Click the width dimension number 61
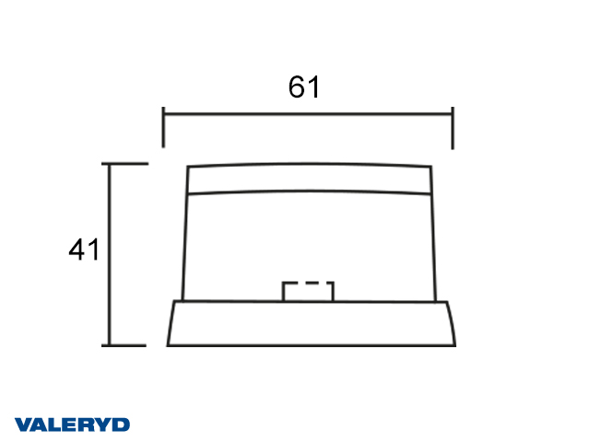point(304,87)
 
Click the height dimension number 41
point(84,250)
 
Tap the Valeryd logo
point(72,425)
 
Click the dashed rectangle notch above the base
point(308,291)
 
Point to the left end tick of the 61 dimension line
point(163,127)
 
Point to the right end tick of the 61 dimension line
point(453,128)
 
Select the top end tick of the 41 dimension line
point(125,164)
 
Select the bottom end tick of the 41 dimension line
point(124,345)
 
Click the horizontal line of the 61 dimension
point(308,114)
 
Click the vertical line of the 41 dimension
point(110,254)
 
